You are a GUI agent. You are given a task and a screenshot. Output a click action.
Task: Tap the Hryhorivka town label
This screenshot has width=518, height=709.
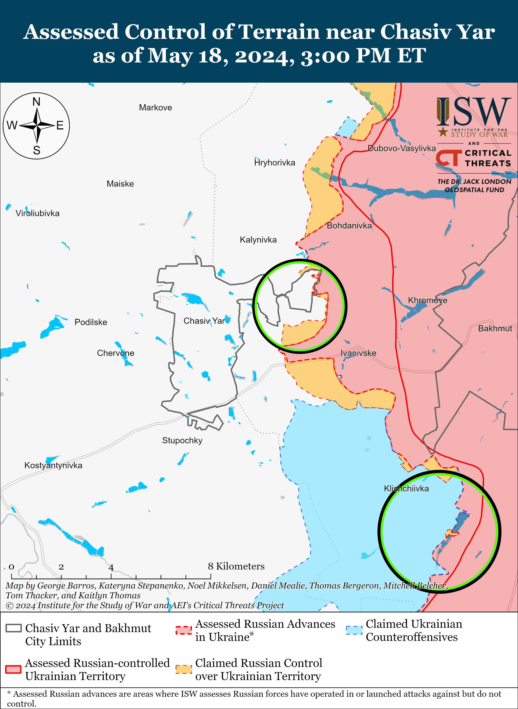[275, 163]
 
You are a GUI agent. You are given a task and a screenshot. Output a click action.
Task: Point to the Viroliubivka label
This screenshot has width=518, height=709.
[38, 213]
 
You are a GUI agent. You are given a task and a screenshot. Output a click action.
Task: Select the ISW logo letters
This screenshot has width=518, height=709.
[473, 111]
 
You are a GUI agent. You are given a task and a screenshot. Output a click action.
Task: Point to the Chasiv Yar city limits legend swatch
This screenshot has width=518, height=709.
[13, 628]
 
